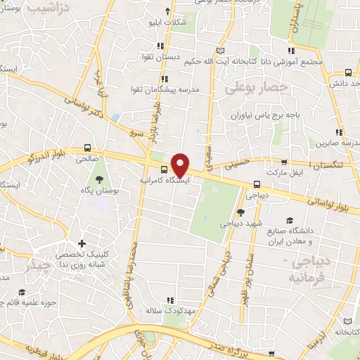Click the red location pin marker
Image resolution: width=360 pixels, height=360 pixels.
[x=181, y=165]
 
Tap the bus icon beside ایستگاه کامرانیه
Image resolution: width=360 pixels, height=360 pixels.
[x=164, y=169]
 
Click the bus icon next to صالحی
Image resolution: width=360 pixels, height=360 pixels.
[x=87, y=148]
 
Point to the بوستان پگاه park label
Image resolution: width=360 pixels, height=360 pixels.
[x=97, y=190]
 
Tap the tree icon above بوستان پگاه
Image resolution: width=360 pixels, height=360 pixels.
[x=98, y=178]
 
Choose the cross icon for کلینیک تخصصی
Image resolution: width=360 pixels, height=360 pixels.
[x=82, y=244]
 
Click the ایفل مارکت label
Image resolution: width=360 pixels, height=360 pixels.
[x=283, y=172]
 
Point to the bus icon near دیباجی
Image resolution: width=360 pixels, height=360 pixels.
[x=256, y=186]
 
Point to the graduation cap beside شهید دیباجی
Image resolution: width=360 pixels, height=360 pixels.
[x=240, y=211]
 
